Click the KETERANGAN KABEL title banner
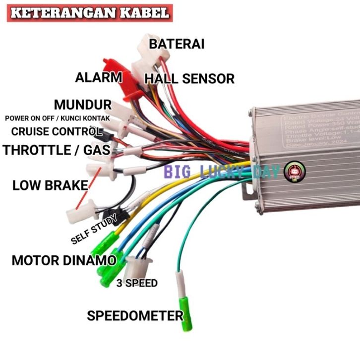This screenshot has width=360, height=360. coord(90,12)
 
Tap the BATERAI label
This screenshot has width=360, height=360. coord(177,44)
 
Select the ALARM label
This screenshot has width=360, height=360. coord(98,77)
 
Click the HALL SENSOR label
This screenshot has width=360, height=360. coord(189,78)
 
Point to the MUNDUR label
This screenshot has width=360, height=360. coord(83,105)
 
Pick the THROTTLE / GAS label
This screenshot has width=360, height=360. coord(56,150)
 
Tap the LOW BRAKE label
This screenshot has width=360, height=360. coord(50,186)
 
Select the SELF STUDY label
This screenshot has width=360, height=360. coord(94,230)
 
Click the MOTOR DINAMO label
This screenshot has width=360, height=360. coord(64,260)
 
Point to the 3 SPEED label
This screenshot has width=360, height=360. coord(137,283)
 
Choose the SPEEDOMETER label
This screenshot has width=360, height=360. coord(135,315)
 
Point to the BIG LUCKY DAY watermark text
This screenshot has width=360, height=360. coord(223,172)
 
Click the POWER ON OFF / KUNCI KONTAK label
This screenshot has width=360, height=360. coord(57,119)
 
